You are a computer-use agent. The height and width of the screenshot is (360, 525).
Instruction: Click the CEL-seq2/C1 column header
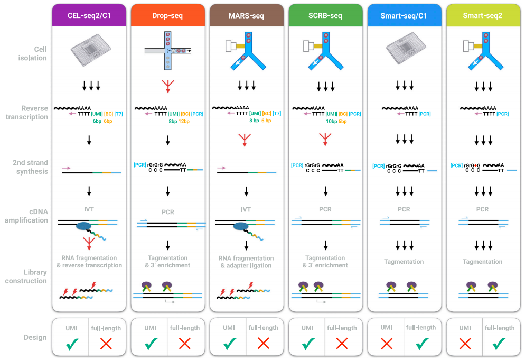tap(89, 15)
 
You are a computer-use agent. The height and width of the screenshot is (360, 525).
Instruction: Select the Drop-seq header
tap(168, 15)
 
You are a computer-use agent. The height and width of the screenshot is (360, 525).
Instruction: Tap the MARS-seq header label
tap(247, 15)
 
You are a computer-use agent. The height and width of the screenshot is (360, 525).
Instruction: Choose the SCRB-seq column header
tap(325, 15)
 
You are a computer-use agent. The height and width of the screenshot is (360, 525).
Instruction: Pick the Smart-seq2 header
tap(483, 15)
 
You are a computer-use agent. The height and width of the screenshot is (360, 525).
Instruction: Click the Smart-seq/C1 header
tap(404, 15)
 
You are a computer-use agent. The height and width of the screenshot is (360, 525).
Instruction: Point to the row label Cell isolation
tap(32, 53)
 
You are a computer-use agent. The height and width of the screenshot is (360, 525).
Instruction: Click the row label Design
tap(35, 338)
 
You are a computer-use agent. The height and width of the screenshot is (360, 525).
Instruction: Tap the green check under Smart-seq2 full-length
tap(499, 344)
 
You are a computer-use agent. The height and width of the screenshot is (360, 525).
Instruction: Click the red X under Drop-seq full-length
tap(184, 344)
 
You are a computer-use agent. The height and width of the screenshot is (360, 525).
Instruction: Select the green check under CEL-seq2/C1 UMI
tap(72, 344)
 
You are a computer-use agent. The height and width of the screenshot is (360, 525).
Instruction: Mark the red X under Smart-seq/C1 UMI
tap(387, 344)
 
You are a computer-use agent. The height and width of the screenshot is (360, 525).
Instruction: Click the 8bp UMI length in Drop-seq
tap(173, 122)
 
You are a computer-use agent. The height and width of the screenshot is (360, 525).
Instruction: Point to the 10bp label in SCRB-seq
tap(332, 122)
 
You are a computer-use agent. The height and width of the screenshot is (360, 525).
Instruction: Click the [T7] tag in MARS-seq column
tap(277, 113)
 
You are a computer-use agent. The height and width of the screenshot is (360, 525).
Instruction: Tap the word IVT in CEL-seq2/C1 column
tap(89, 209)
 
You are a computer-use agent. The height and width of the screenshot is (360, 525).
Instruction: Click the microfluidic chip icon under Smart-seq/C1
tap(406, 49)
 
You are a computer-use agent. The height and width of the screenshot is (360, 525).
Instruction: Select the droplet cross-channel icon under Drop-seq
tap(168, 51)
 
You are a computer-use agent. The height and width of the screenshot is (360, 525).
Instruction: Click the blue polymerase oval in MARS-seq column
tap(241, 227)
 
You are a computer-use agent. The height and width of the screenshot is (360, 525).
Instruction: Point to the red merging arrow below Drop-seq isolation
tap(168, 86)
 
